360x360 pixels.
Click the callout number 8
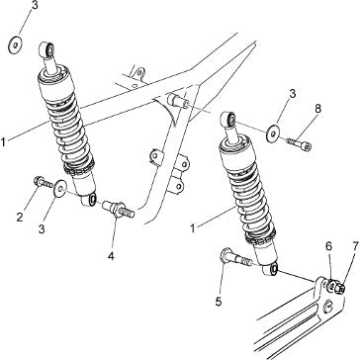[x=317, y=109]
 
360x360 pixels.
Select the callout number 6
[x=329, y=246]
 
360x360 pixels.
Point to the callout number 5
[x=219, y=302]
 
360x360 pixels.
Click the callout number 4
[x=111, y=256]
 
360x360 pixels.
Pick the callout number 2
[x=20, y=218]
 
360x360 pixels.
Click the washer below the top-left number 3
[x=15, y=45]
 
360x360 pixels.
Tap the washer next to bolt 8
[x=272, y=134]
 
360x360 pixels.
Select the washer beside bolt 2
[x=60, y=188]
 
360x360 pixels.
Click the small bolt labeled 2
[x=43, y=182]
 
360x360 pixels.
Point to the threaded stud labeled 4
[x=118, y=209]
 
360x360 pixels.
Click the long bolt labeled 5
[x=236, y=257]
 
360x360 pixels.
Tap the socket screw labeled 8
[x=299, y=144]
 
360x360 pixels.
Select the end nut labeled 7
[x=340, y=289]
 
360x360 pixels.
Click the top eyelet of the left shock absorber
[x=46, y=49]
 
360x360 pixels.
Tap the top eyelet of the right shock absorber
[x=228, y=119]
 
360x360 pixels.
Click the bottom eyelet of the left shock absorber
[x=89, y=200]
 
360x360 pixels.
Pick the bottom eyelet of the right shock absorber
[x=271, y=269]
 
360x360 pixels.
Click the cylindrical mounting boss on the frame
[x=178, y=100]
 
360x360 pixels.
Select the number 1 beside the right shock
[x=193, y=228]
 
